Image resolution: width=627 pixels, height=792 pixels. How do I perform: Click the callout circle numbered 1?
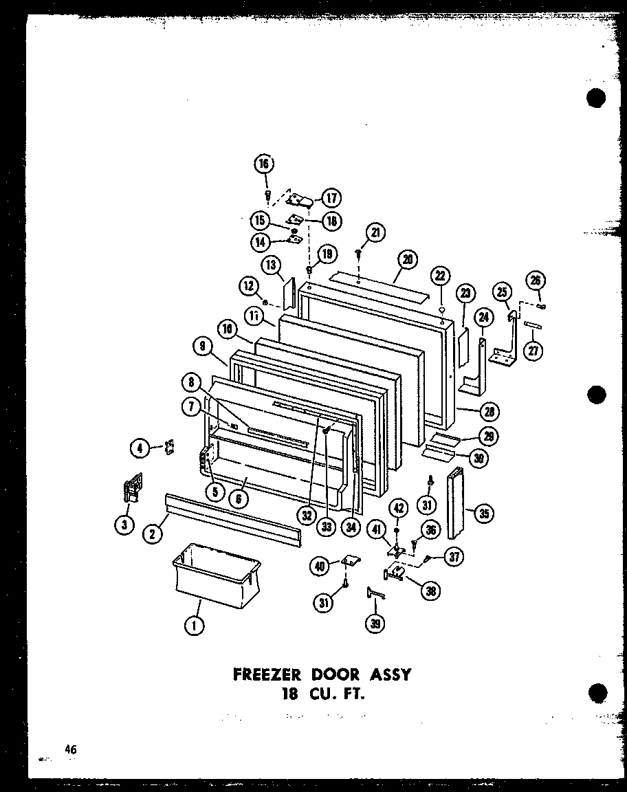click(195, 626)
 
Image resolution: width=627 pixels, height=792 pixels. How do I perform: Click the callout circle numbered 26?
click(536, 280)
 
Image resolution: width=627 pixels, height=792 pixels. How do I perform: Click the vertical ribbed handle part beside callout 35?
click(455, 503)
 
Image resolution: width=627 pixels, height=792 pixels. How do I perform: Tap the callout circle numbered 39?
click(375, 624)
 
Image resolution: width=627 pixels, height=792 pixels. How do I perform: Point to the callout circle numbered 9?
click(203, 348)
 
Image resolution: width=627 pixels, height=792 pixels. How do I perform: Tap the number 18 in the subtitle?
click(289, 693)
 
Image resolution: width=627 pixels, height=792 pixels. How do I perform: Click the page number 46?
click(70, 750)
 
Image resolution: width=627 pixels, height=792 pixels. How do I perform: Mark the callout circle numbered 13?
click(271, 265)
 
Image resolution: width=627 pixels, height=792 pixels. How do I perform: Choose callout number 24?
click(484, 317)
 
